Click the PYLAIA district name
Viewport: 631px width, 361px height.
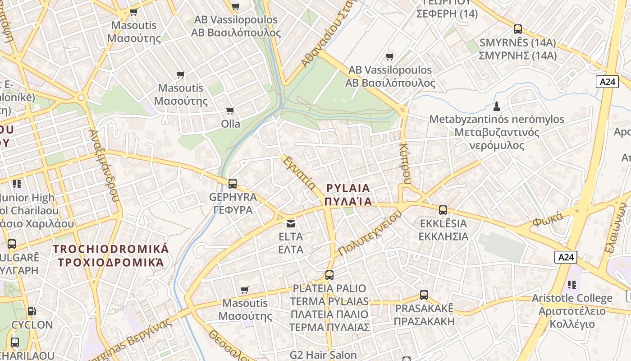click(x=348, y=194)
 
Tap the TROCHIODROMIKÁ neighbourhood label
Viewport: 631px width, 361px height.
click(x=111, y=255)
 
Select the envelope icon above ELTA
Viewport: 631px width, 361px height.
click(x=291, y=223)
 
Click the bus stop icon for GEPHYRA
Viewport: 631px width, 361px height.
click(x=233, y=184)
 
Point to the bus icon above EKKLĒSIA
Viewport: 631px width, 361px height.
click(x=443, y=210)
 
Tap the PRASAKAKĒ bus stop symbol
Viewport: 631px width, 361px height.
click(x=424, y=295)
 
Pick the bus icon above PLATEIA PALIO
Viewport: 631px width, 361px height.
click(x=329, y=275)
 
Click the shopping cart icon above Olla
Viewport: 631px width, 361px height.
click(x=230, y=111)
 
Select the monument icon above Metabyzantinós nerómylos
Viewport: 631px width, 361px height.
click(x=497, y=106)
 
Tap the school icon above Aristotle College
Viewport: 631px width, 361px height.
click(x=572, y=285)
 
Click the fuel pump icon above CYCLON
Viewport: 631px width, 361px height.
click(x=32, y=311)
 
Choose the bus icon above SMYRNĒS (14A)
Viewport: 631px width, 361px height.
click(x=518, y=30)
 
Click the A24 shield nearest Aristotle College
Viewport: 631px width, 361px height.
click(x=566, y=257)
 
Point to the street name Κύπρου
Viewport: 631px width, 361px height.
click(x=404, y=163)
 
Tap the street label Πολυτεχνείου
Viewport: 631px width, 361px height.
click(x=370, y=233)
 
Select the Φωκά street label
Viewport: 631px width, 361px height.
click(x=548, y=219)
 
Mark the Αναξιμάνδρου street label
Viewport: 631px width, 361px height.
click(x=105, y=166)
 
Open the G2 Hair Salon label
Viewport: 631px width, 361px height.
click(x=323, y=355)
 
